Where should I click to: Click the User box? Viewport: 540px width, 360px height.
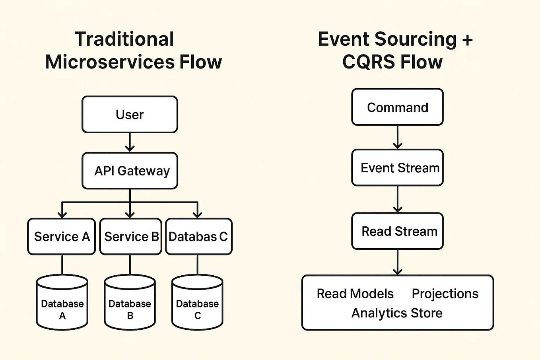(130, 115)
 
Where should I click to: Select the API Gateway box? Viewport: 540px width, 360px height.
(130, 171)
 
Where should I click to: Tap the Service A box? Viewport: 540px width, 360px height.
(62, 237)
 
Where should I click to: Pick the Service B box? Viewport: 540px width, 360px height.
(131, 237)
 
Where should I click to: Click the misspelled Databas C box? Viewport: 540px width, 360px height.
(198, 237)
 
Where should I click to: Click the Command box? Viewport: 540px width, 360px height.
(397, 107)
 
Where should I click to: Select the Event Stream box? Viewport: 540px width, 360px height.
(397, 168)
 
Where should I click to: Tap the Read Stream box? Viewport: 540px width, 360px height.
(397, 231)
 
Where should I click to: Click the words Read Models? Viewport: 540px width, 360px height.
(355, 294)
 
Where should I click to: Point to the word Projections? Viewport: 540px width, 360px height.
(445, 294)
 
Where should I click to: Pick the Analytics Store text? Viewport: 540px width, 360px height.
(396, 313)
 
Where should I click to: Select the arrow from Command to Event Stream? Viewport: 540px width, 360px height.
(397, 137)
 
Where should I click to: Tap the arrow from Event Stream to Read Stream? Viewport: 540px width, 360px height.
(397, 199)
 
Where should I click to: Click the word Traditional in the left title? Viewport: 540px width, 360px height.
(124, 39)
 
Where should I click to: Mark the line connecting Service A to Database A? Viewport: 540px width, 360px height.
(62, 265)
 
